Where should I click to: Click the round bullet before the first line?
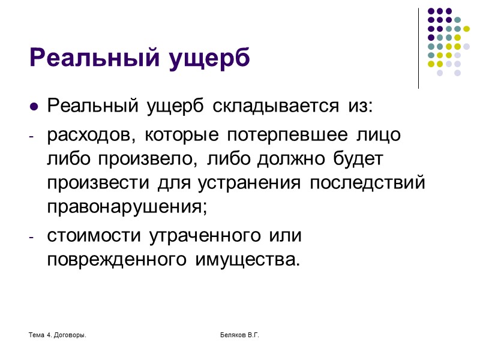(34, 107)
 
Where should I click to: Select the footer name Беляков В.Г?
(239, 334)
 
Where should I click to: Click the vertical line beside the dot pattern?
(419, 48)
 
